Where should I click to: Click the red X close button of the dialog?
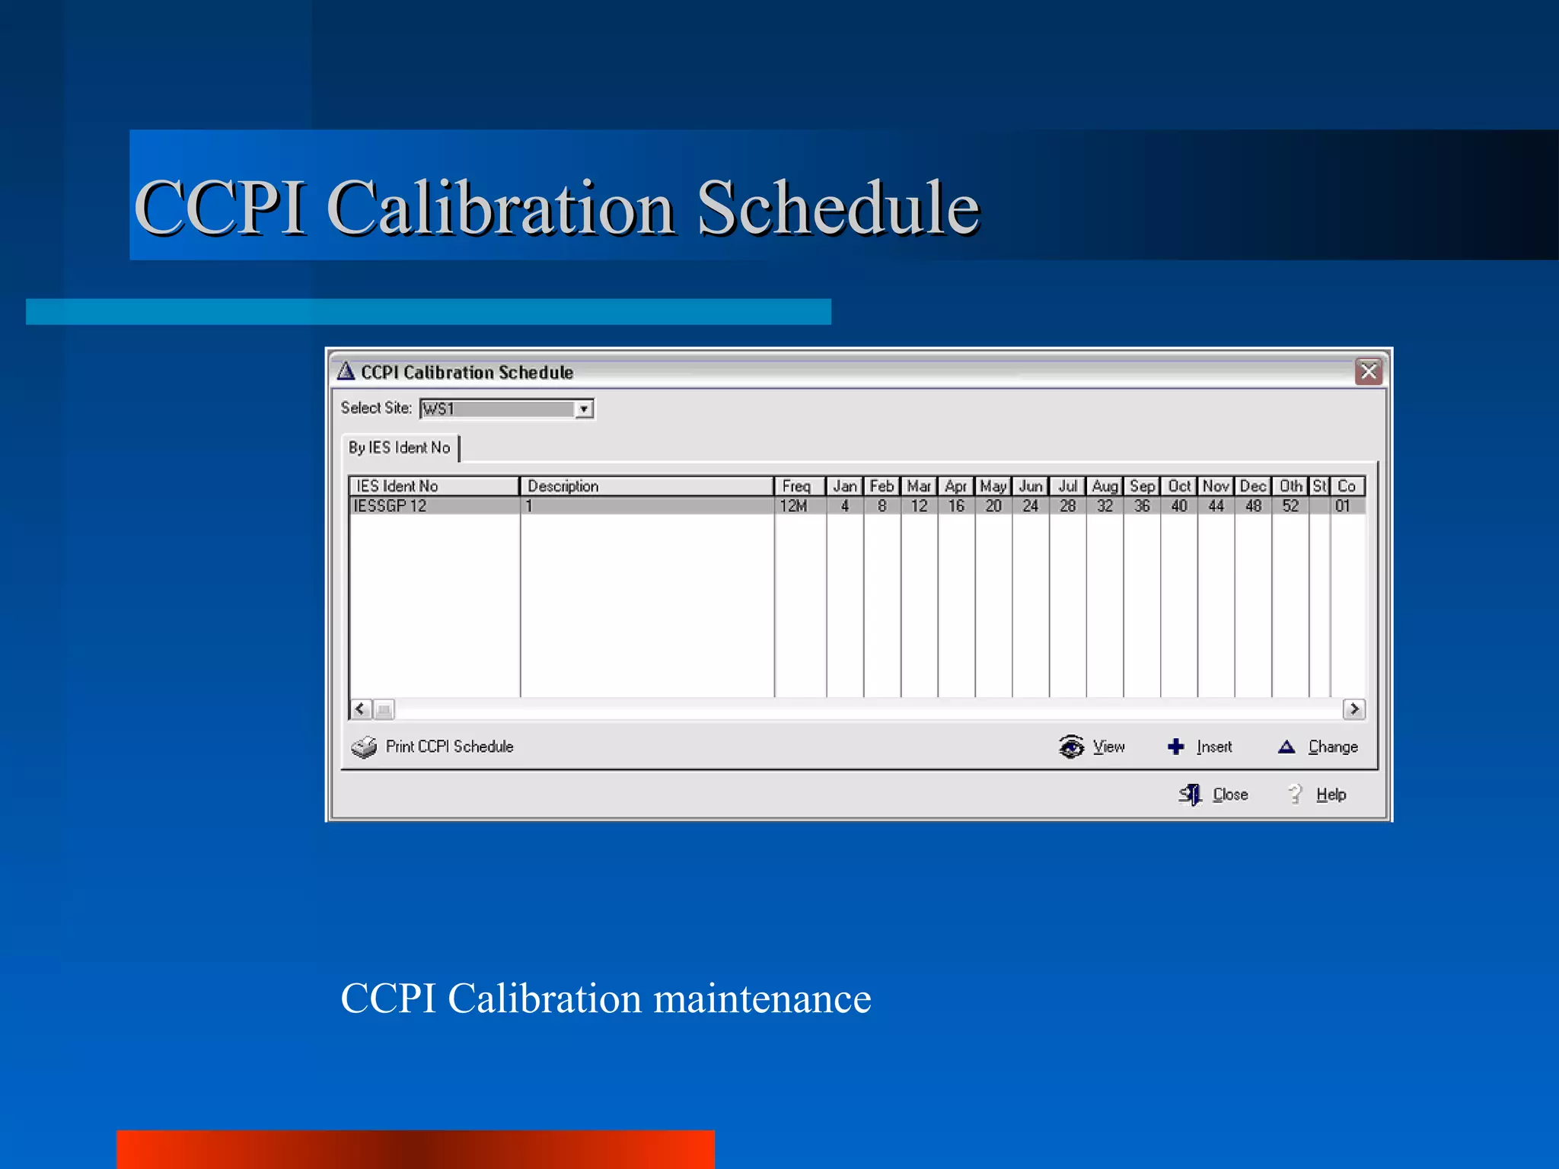point(1368,371)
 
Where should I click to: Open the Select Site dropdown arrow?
point(583,409)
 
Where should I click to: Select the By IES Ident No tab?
point(400,448)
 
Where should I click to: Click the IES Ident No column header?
point(433,486)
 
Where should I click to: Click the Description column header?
point(646,486)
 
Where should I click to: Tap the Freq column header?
point(799,486)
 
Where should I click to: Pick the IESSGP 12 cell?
point(390,506)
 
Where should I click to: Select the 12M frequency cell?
point(793,506)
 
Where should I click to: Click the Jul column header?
point(1067,486)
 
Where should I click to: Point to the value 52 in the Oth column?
point(1290,506)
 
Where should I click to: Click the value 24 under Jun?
point(1030,506)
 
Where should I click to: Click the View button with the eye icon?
point(1092,747)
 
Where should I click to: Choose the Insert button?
point(1200,747)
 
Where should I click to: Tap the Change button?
point(1318,747)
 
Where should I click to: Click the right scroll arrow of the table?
point(1353,709)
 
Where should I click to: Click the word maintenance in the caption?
point(762,999)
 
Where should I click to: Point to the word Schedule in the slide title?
point(838,208)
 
